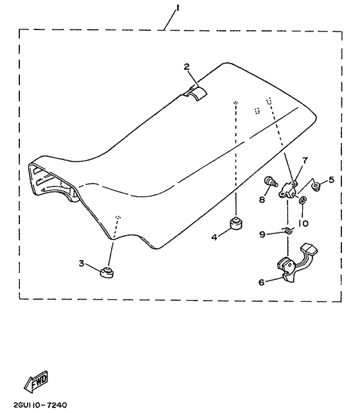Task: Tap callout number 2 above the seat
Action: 187,67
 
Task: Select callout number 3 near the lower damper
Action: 82,263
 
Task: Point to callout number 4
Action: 214,237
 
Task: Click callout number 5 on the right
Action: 331,180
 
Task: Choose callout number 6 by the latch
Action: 262,283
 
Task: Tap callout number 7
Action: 305,161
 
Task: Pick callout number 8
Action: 262,200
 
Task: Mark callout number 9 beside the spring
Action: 262,234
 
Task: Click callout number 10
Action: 303,224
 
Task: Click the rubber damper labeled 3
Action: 107,272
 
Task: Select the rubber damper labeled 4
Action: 236,224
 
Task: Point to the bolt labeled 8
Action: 271,182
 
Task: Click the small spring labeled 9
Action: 288,230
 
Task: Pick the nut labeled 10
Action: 302,200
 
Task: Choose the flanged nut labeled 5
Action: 316,187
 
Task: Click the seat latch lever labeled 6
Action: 295,263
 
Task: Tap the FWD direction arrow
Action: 36,382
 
